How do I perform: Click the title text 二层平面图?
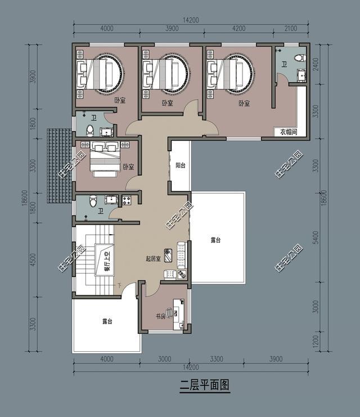(x=205, y=386)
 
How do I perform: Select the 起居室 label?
(x=153, y=259)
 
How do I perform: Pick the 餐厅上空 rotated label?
(x=105, y=261)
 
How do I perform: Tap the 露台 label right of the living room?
(x=215, y=240)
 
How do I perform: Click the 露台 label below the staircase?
(x=107, y=321)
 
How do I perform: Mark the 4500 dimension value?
(x=33, y=260)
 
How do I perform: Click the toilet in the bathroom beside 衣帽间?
(x=300, y=58)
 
